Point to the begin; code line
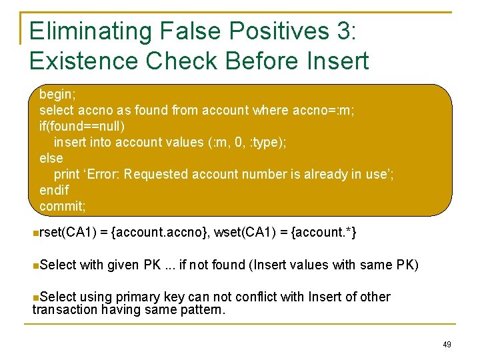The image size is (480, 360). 56,94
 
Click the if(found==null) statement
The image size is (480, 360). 82,126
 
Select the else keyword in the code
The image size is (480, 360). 51,158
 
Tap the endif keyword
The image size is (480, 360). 54,190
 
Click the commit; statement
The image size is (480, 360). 63,206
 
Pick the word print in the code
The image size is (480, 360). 66,174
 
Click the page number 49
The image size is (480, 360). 447,344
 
